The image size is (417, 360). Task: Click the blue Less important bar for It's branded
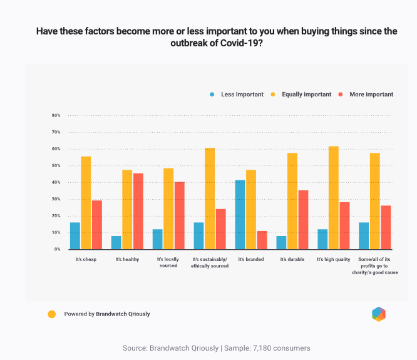(240, 215)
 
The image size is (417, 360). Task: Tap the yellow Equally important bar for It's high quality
(333, 198)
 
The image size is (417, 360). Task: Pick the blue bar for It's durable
(281, 242)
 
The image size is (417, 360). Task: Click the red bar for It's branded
(262, 240)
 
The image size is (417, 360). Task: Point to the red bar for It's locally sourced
(179, 215)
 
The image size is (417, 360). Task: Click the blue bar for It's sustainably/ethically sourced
(198, 235)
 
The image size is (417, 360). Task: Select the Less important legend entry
(237, 95)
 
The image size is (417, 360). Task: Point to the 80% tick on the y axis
(56, 116)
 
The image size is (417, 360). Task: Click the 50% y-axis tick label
(56, 166)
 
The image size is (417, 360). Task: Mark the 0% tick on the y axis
(57, 249)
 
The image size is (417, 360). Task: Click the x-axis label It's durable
(292, 259)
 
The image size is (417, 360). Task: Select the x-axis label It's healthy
(127, 259)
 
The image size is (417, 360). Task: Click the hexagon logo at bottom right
(378, 314)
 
